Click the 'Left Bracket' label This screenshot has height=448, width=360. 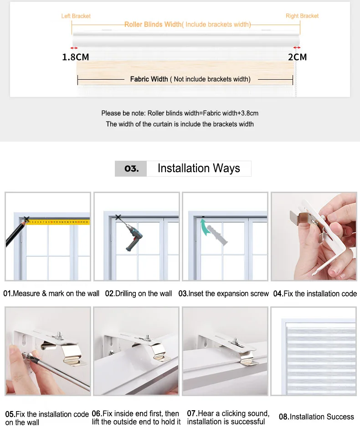[76, 16]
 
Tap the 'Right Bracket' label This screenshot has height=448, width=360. [302, 16]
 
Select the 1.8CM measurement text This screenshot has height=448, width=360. [76, 57]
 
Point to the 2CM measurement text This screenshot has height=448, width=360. [298, 57]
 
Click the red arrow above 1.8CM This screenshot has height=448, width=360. [74, 48]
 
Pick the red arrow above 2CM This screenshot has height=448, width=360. [297, 47]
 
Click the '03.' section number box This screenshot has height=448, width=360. [131, 168]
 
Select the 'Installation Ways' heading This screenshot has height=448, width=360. [199, 168]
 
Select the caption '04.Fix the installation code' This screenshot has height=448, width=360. [315, 294]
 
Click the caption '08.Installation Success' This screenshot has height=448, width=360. [316, 417]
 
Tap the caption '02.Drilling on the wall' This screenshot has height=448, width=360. [139, 294]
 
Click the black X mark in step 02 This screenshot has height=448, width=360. [118, 217]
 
